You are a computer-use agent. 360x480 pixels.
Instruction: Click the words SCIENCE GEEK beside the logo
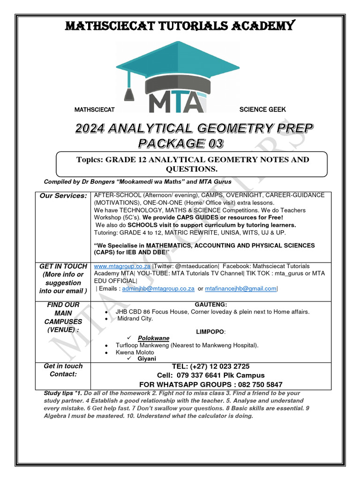(262, 110)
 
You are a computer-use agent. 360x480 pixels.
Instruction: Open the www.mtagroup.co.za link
(122, 266)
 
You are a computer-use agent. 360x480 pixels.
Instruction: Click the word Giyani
(147, 359)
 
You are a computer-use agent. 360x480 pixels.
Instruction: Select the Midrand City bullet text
(135, 319)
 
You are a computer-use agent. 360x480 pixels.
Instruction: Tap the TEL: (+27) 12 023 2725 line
(210, 366)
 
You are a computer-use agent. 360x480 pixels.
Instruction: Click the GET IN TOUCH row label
(63, 266)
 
